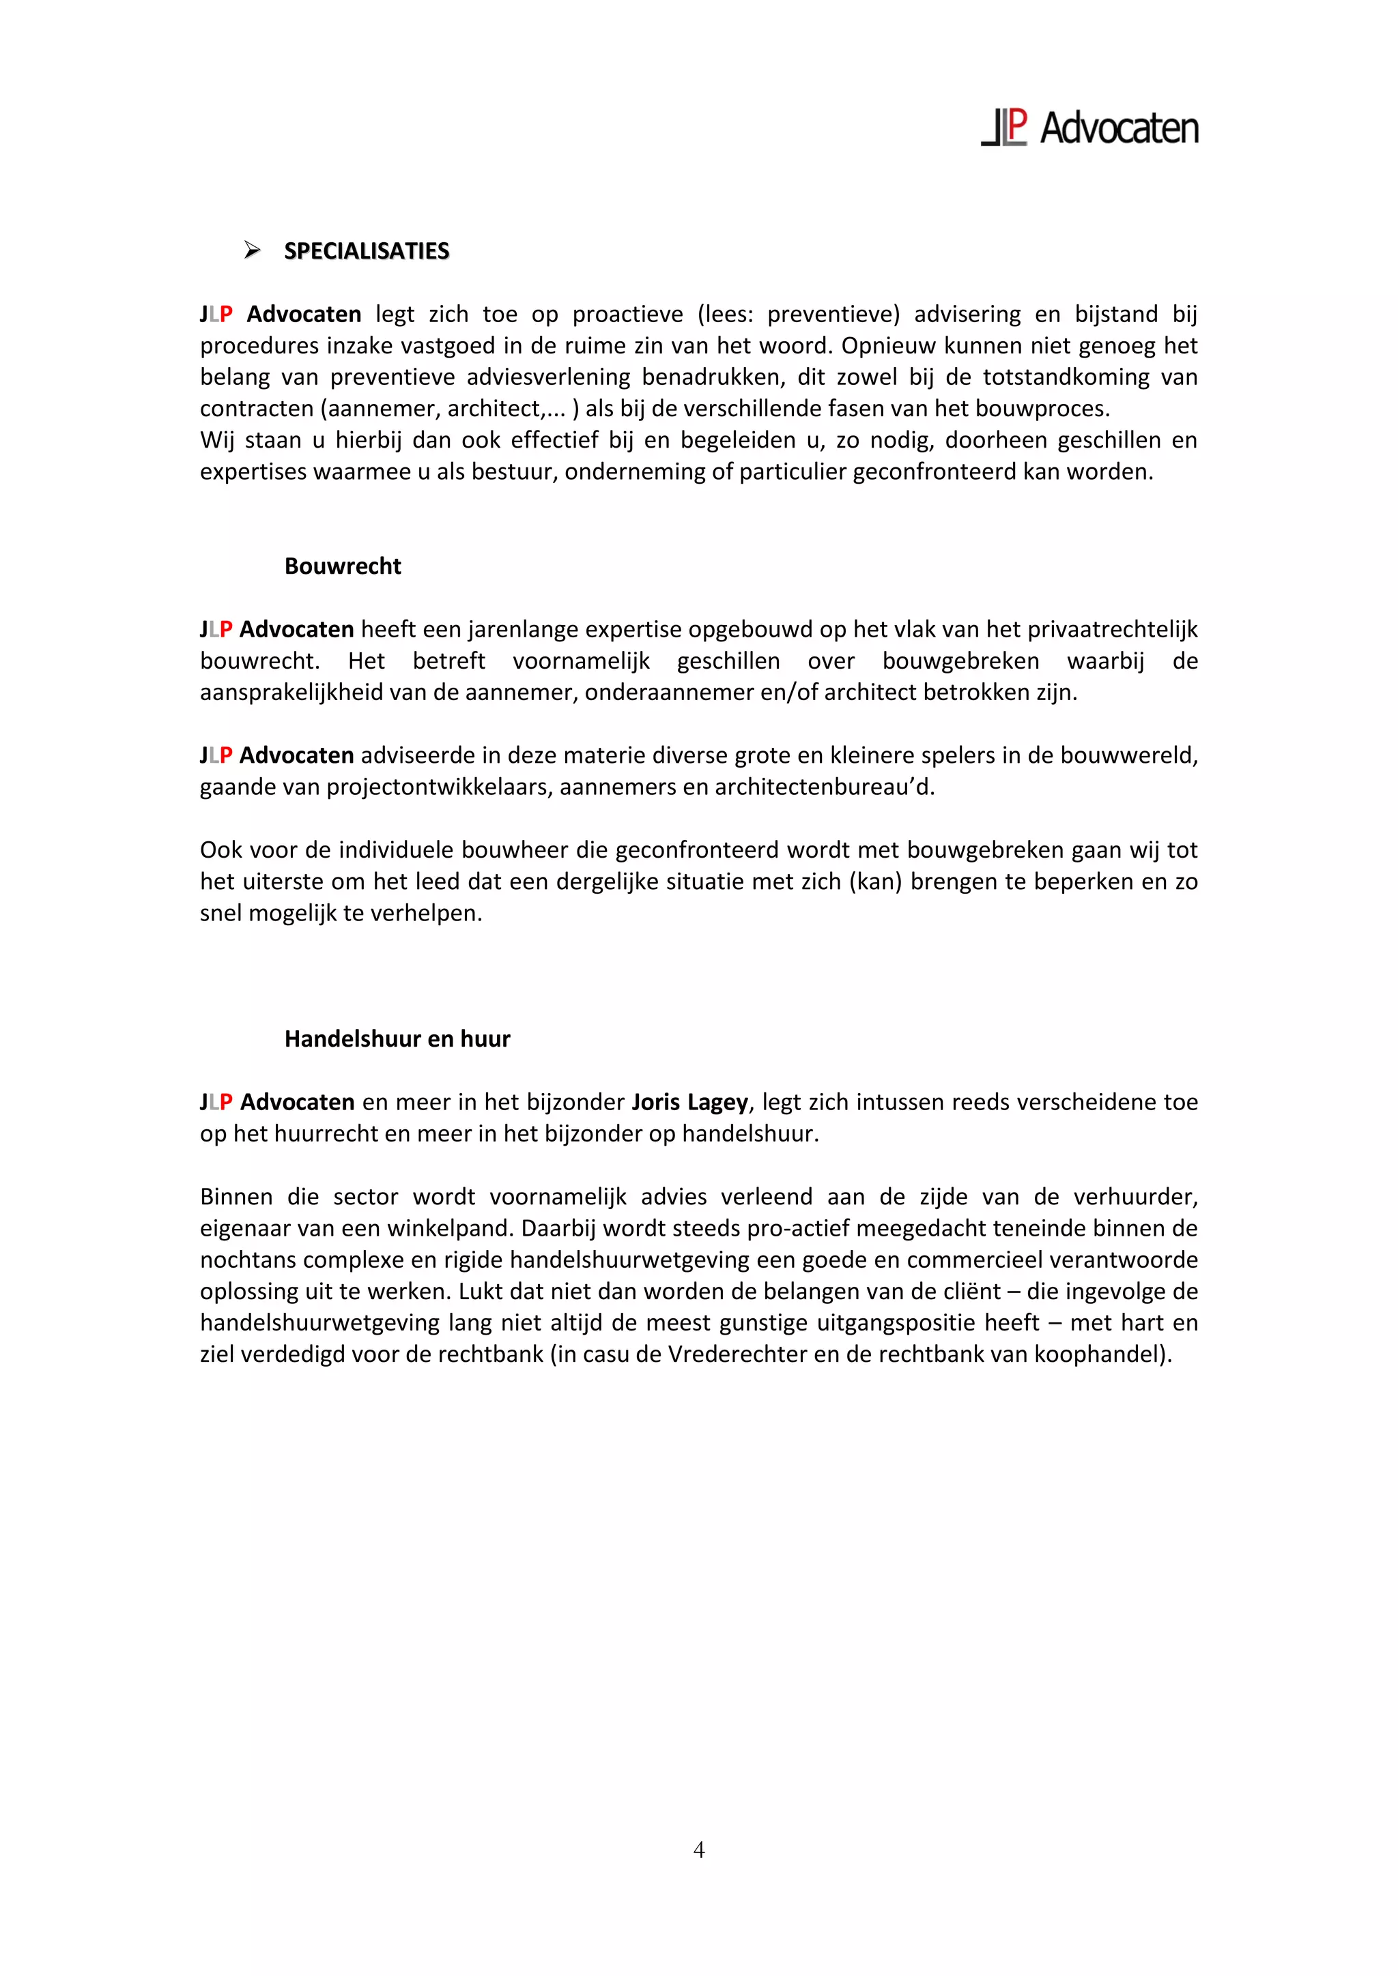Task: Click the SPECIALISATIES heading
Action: coord(367,251)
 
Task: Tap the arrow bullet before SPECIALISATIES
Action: coord(251,250)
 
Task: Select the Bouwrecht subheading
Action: coord(343,566)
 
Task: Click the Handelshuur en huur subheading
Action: coord(397,1038)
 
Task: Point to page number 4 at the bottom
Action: coord(699,1850)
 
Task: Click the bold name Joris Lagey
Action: coord(689,1103)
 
